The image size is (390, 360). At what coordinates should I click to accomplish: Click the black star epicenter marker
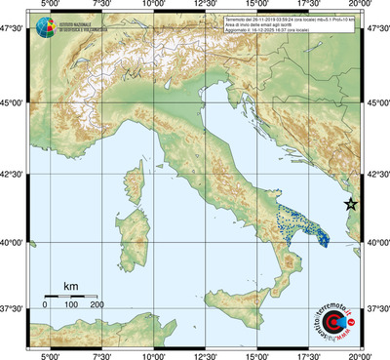(352, 204)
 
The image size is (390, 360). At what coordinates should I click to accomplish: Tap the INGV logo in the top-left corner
(43, 28)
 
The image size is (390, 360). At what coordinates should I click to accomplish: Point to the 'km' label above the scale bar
(70, 286)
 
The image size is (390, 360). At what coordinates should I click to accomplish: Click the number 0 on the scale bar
(45, 305)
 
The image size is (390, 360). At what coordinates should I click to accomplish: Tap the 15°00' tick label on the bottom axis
(257, 355)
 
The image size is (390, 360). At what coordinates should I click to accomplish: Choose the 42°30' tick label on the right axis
(376, 175)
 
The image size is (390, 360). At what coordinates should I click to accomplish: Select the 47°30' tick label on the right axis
(376, 30)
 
